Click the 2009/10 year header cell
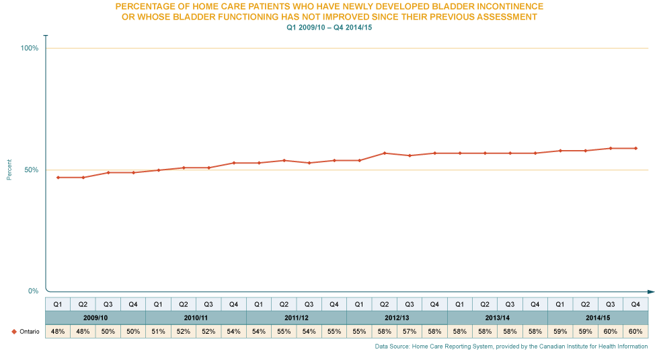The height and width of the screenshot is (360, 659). [95, 318]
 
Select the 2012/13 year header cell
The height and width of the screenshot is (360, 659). [397, 318]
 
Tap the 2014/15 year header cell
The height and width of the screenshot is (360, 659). [598, 318]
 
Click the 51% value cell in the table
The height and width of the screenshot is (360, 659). [158, 332]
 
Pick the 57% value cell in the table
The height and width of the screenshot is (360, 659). [409, 332]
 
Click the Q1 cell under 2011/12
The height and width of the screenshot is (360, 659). [259, 304]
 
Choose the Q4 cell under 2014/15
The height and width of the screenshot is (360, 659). [635, 304]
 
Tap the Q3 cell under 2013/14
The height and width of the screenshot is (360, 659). [510, 304]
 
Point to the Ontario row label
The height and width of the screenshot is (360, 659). [21, 332]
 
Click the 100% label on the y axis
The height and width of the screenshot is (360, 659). [30, 48]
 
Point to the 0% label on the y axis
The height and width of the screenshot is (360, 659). [33, 291]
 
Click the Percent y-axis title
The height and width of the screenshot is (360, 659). [9, 169]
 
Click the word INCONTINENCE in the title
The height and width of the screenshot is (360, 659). [506, 6]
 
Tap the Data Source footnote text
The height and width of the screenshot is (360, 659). [511, 347]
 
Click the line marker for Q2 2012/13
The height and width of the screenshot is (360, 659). [384, 153]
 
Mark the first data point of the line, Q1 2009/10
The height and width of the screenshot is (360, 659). [58, 177]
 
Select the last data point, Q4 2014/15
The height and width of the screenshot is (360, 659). [635, 148]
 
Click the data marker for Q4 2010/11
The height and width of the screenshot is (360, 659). [233, 163]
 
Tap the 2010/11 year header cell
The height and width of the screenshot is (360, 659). [196, 318]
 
